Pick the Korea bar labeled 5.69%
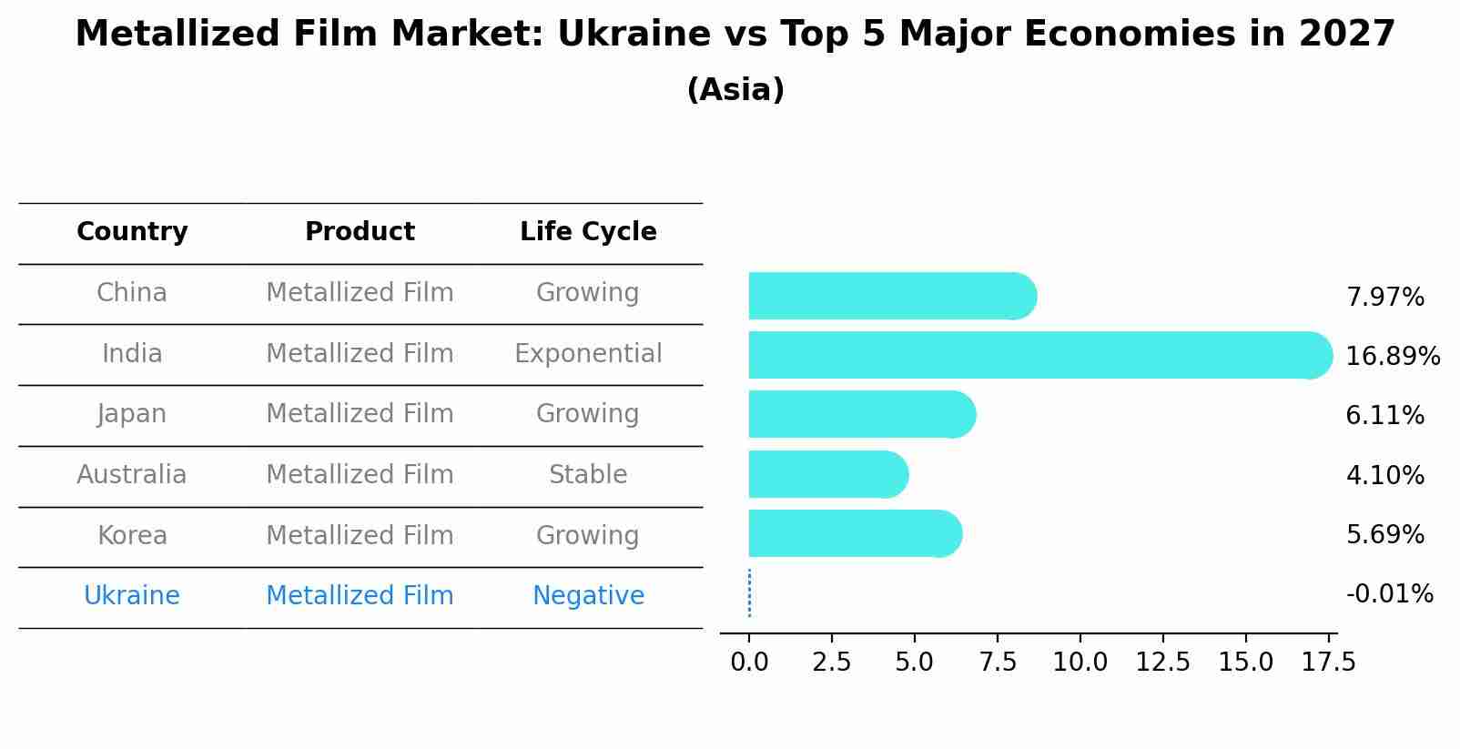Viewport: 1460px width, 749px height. (855, 533)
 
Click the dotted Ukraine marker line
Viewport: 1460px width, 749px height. (749, 593)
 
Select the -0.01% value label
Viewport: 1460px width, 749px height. (1389, 594)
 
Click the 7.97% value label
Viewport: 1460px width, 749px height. (1384, 297)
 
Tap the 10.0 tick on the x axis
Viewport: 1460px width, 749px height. (1080, 662)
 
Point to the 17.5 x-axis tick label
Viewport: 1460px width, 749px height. (1328, 662)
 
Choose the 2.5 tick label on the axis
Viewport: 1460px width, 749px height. (831, 662)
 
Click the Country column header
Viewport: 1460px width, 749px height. (132, 232)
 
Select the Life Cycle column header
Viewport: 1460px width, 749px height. (588, 232)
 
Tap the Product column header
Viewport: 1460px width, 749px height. (360, 232)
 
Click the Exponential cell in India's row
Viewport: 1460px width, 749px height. (588, 353)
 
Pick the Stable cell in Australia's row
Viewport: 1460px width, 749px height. (588, 474)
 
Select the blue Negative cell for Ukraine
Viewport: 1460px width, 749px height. (588, 596)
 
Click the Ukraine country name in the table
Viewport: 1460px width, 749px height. (132, 596)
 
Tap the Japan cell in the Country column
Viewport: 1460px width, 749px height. (132, 414)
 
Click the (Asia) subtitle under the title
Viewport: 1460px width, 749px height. (735, 90)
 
